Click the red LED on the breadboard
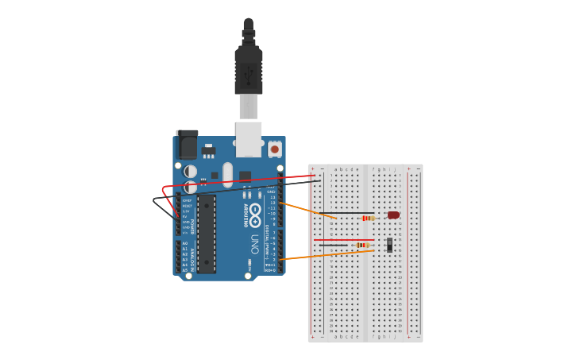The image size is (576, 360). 393,215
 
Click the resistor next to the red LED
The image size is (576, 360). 368,218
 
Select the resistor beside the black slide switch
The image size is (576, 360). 362,245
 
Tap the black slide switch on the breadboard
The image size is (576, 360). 389,245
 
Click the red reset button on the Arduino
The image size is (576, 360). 275,149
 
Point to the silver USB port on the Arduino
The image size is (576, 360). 248,138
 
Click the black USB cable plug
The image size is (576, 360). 248,72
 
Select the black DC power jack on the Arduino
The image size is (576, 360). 187,145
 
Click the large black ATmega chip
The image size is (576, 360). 207,234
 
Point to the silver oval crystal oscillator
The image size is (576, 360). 228,174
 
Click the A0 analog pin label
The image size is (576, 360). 185,244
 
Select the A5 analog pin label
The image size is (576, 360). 185,270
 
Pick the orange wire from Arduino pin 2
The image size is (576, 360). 326,255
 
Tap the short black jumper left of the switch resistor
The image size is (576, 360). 342,246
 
